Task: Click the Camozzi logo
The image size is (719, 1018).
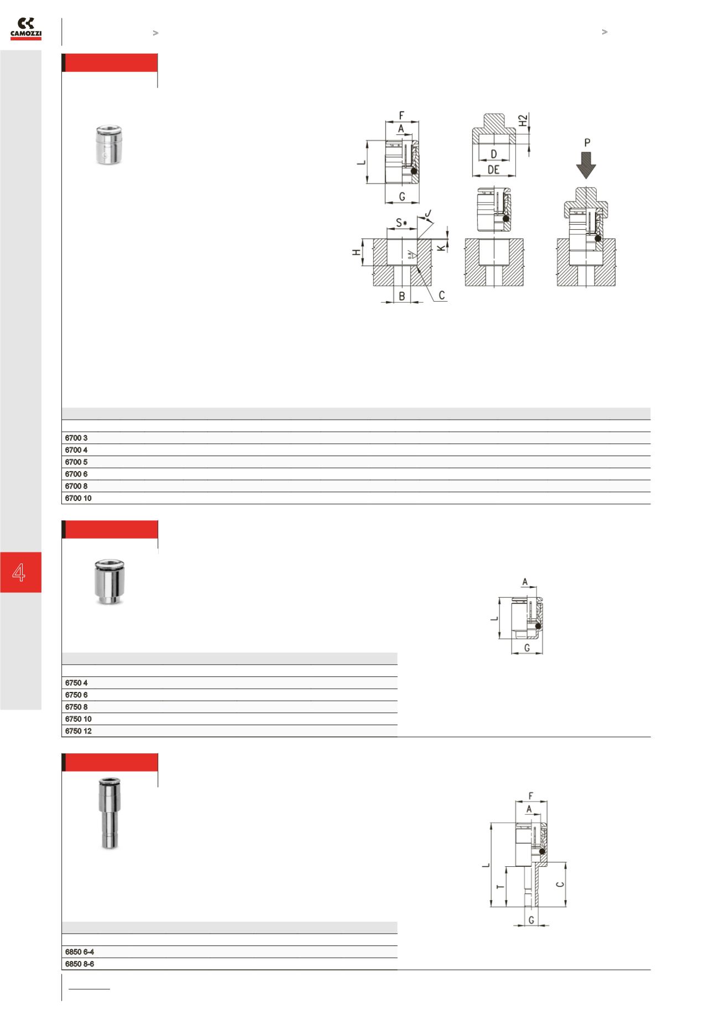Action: (x=26, y=29)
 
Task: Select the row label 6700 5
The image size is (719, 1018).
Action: (x=76, y=462)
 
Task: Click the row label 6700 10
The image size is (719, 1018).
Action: (x=78, y=498)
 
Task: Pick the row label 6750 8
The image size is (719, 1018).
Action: (x=76, y=707)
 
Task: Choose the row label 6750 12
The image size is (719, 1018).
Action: (x=78, y=731)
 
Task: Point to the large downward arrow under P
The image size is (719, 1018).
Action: (x=586, y=165)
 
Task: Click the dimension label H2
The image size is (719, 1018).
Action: (x=523, y=121)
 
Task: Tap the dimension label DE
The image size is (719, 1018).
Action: (x=493, y=170)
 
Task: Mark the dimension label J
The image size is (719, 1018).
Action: (x=428, y=214)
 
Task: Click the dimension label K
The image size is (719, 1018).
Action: (x=441, y=247)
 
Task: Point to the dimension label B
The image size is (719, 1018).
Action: (x=402, y=296)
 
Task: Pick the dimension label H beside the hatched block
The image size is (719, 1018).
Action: (x=357, y=252)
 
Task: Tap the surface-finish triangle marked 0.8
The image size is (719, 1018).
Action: (x=411, y=255)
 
